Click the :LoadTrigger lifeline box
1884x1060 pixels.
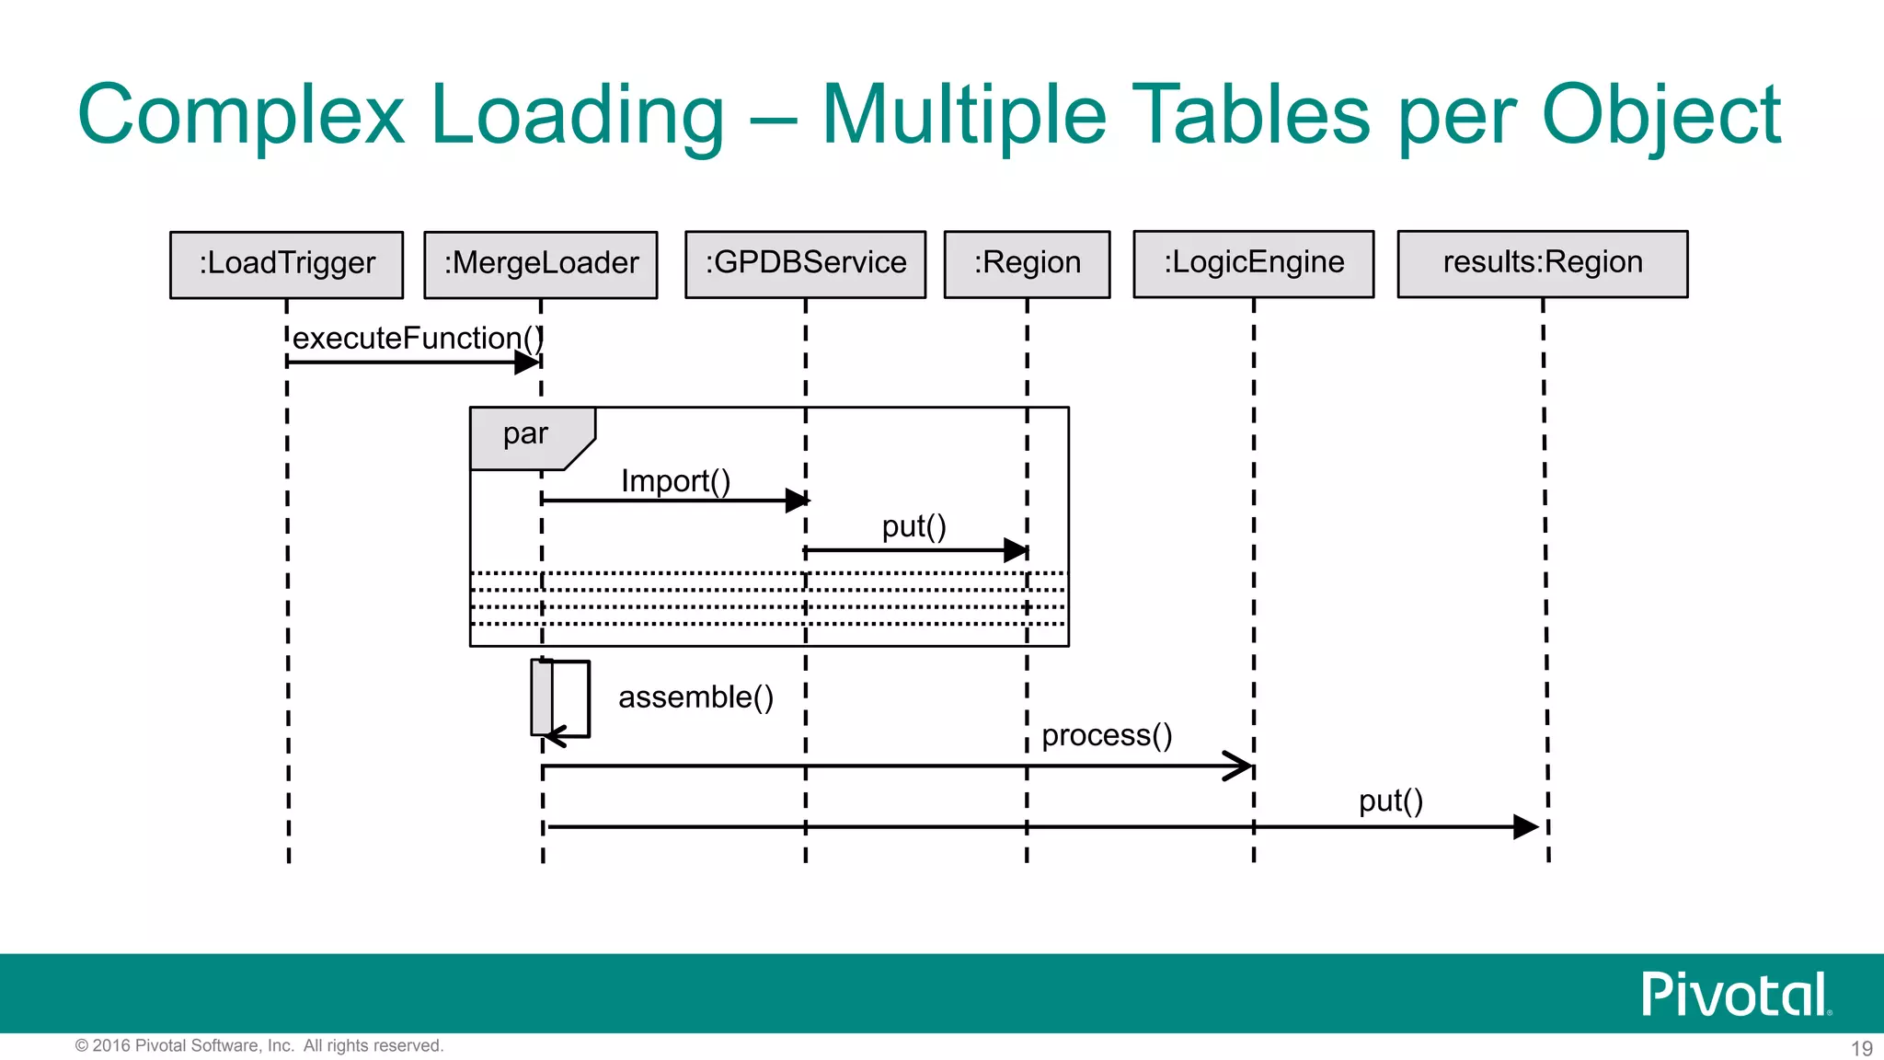[x=287, y=264]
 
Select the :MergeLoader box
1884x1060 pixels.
[x=541, y=264]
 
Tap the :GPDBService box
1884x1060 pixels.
[x=806, y=263]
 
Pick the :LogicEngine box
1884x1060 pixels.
[x=1254, y=263]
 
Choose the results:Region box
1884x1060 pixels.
[x=1543, y=263]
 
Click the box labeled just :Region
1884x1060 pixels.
[x=1028, y=263]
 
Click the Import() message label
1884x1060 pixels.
[x=675, y=481]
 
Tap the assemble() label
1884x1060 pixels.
[x=695, y=697]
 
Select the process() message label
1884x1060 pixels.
[x=1107, y=735]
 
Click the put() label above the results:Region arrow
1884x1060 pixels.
[x=1391, y=801]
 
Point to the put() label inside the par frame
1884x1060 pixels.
[x=913, y=526]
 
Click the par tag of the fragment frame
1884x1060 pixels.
[x=526, y=433]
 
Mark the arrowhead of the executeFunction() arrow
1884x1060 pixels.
[x=527, y=363]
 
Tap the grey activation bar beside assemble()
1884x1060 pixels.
[x=542, y=697]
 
